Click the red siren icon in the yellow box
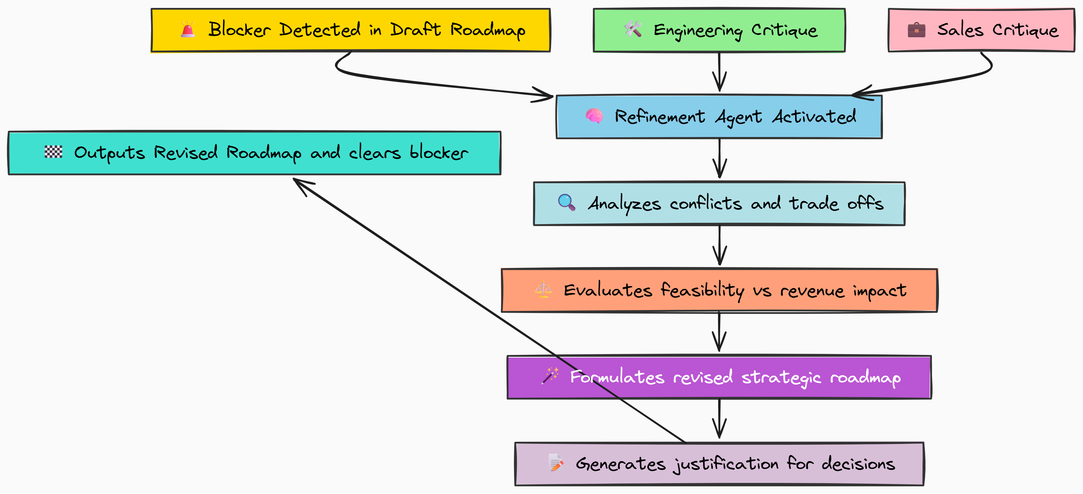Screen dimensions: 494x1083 pos(187,30)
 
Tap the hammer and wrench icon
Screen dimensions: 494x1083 pos(633,29)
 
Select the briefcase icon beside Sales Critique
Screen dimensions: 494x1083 pos(916,30)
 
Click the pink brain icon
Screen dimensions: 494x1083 pos(594,116)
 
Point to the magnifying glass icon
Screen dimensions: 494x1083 pos(566,202)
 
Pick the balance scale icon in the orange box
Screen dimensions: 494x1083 pos(543,290)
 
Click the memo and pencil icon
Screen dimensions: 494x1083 pos(556,463)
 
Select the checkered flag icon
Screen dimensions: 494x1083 pos(53,152)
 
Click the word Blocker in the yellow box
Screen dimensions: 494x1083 pos(239,29)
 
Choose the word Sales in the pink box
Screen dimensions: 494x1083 pos(960,30)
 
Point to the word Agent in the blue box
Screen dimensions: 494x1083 pos(738,117)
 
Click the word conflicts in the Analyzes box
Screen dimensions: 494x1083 pos(705,204)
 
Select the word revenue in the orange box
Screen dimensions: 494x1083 pos(812,290)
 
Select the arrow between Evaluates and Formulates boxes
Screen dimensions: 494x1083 pos(719,332)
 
